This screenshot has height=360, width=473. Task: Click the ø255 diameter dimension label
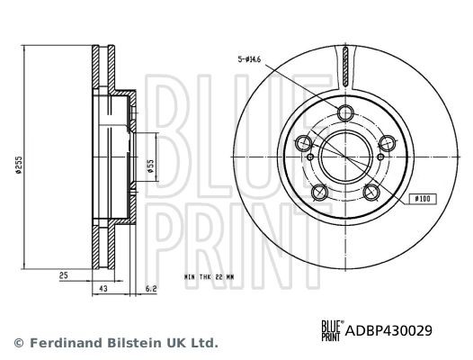[x=18, y=165]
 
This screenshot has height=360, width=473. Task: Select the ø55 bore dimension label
[x=150, y=166]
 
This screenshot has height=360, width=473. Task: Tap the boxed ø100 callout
[x=423, y=199]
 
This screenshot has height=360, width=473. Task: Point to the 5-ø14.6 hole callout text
[x=248, y=59]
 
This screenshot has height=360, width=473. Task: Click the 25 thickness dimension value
[x=64, y=275]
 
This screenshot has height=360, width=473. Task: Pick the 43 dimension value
[x=103, y=288]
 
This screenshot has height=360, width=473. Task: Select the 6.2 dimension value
[x=151, y=288]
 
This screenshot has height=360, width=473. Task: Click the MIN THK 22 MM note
[x=209, y=276]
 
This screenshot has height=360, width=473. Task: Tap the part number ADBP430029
[x=388, y=330]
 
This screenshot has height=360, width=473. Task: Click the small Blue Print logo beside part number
[x=332, y=330]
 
